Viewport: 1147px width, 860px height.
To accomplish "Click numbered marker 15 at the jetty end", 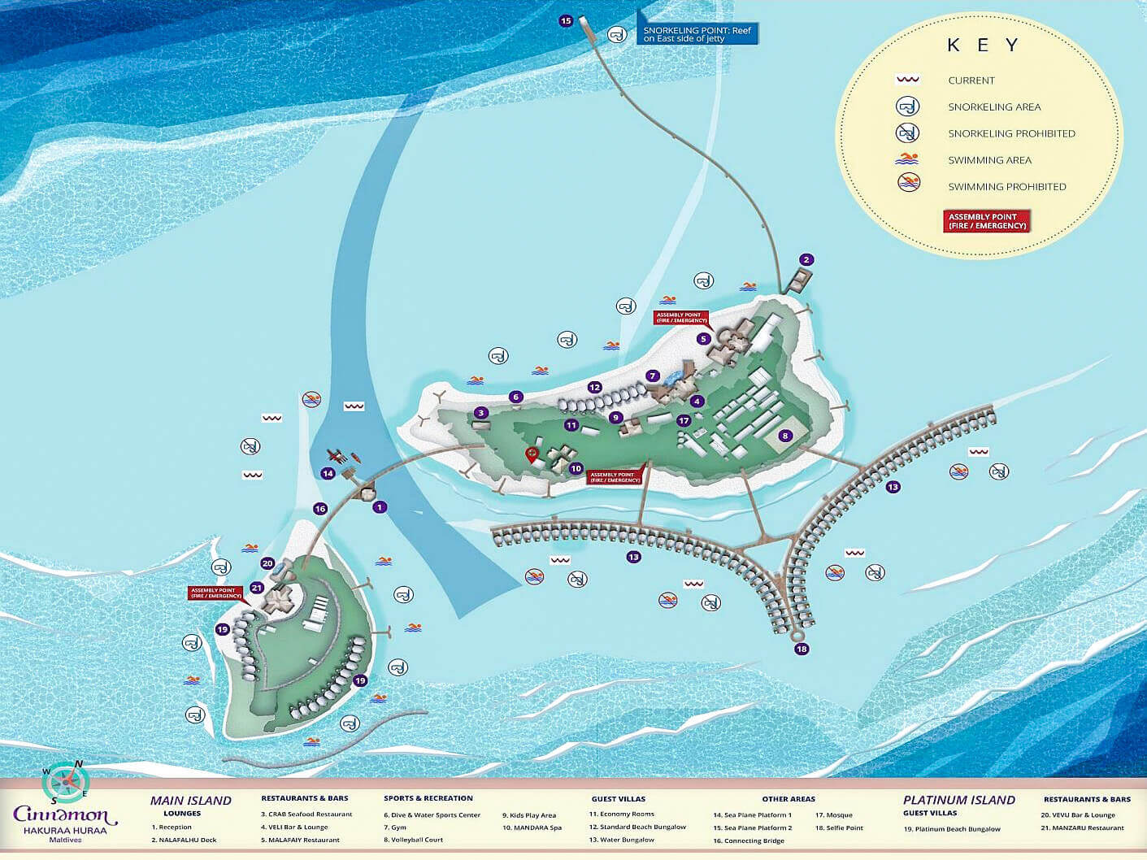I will (x=566, y=21).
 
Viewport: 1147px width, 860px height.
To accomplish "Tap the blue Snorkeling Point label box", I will (x=697, y=34).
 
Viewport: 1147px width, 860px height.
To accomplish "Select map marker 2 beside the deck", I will (x=806, y=260).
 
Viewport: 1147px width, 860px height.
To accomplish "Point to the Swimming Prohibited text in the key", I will (x=1006, y=186).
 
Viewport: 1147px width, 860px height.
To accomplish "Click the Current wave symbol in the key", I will (x=907, y=80).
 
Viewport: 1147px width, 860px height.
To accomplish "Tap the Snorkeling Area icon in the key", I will (x=907, y=106).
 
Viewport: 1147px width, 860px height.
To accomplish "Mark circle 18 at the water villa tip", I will (x=802, y=649).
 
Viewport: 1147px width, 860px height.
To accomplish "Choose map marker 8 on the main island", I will (x=784, y=436).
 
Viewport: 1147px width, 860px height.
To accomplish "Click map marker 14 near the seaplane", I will (x=328, y=473).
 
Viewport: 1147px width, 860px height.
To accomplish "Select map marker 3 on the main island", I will (x=480, y=413).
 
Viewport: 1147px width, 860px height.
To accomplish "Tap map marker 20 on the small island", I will (x=267, y=563).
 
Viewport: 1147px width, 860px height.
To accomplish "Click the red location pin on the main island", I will (x=532, y=454).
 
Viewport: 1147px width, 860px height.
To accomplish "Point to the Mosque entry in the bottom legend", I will (x=834, y=814).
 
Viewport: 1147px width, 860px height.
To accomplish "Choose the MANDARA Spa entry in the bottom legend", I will (x=532, y=827).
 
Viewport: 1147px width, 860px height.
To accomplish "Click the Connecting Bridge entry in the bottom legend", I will (x=749, y=840).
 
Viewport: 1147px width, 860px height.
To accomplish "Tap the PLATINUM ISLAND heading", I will (x=958, y=800).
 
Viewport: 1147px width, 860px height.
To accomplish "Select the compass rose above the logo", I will (x=65, y=782).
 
